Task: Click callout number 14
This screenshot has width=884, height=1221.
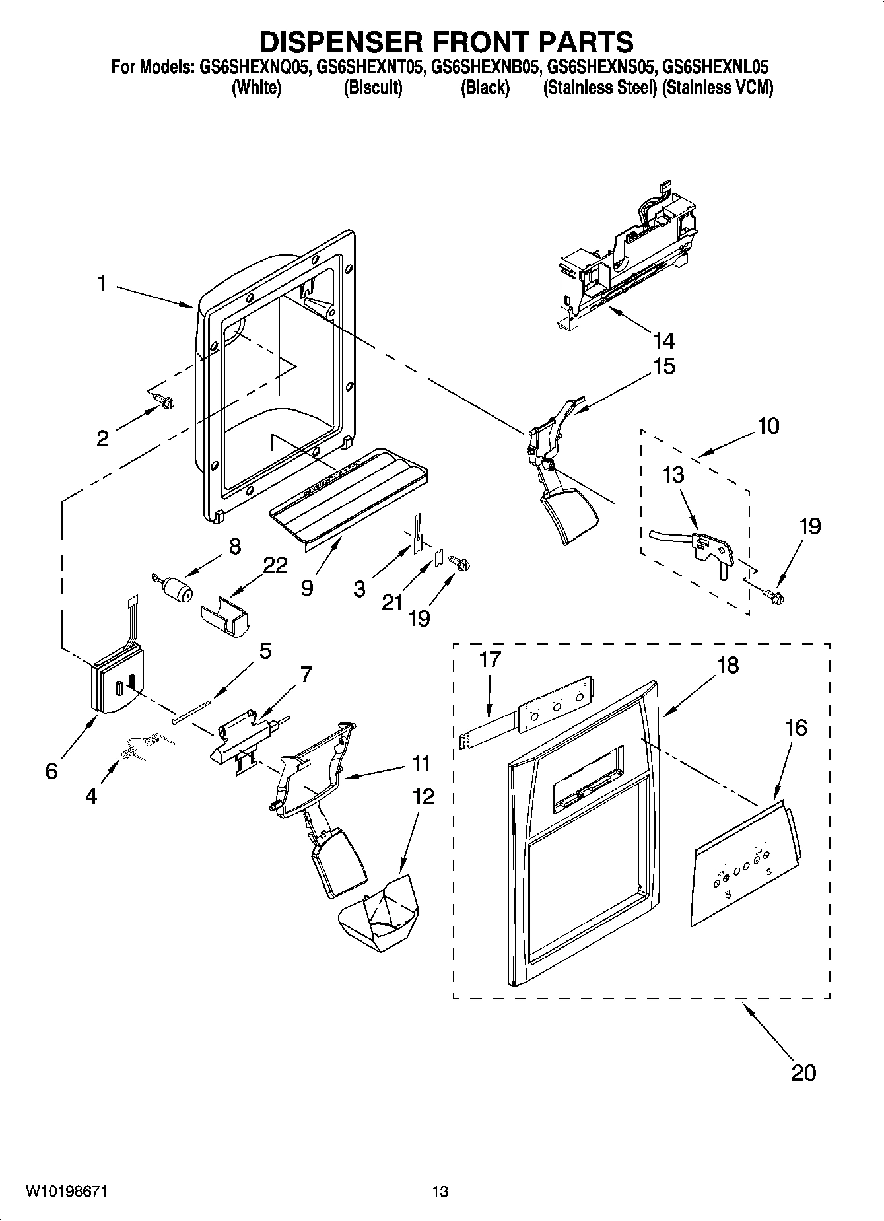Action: point(663,341)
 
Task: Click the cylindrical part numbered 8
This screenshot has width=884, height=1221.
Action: point(175,586)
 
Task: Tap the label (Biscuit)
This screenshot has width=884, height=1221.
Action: point(373,88)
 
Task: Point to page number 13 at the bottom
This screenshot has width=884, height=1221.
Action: point(440,1192)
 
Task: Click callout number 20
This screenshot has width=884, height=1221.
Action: point(803,1072)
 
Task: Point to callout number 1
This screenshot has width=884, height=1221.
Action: point(101,284)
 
